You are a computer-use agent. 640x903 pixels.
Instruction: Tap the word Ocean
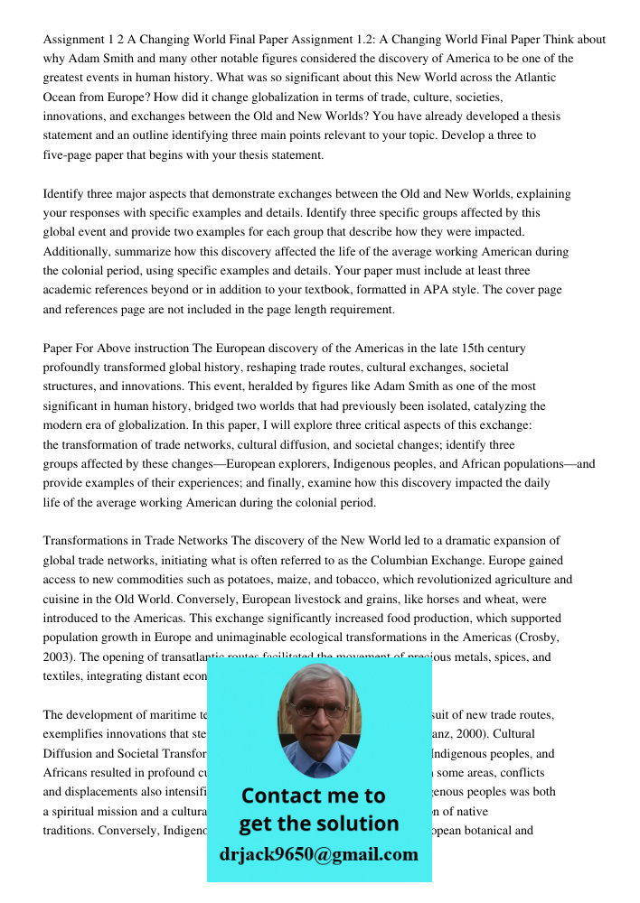[61, 97]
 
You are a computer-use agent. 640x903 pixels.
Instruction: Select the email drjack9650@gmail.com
[319, 853]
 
